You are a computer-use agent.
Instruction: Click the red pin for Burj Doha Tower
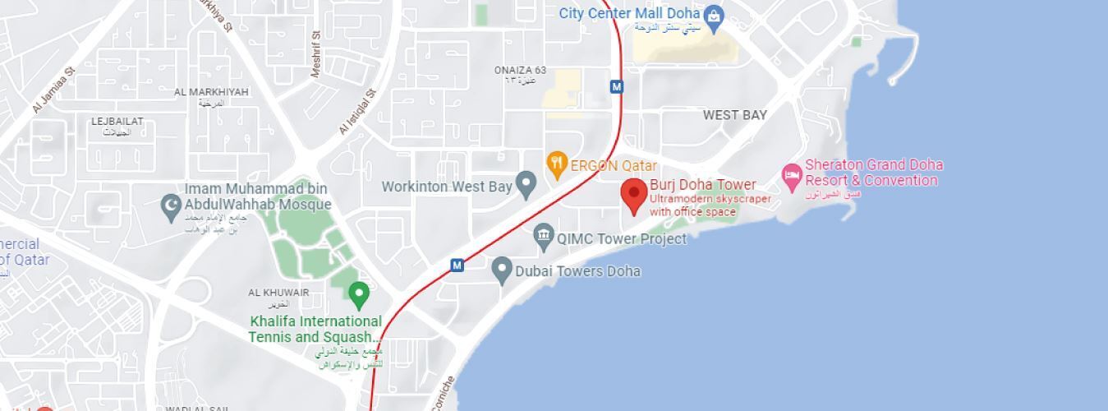633,195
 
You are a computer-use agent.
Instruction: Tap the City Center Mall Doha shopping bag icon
714,15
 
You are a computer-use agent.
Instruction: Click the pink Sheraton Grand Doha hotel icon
792,174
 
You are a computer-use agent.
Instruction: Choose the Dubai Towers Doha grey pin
502,270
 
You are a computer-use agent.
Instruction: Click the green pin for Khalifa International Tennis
358,293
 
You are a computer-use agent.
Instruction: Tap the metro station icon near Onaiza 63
616,86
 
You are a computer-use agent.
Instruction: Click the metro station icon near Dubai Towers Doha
457,265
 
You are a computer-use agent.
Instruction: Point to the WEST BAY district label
734,115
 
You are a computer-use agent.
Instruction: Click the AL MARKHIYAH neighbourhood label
211,92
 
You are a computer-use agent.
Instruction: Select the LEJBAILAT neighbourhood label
117,122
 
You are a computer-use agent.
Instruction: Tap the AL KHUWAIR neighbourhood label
279,293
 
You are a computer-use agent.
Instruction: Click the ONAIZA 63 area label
520,71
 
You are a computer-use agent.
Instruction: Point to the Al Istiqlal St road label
357,113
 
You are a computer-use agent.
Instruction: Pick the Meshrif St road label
316,56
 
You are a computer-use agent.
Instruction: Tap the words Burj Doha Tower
703,184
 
